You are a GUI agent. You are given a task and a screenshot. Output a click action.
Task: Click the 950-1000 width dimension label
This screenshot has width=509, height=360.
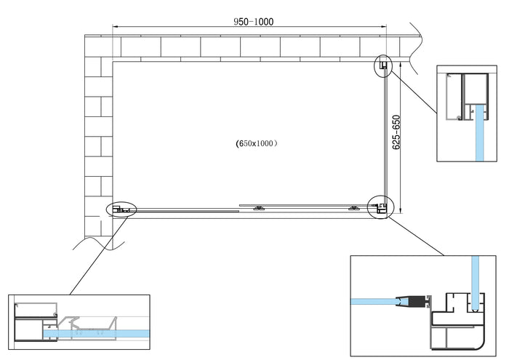pos(253,22)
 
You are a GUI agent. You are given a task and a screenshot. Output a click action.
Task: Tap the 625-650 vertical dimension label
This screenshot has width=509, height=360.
pos(396,132)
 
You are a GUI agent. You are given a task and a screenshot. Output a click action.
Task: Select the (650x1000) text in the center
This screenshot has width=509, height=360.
pos(257,144)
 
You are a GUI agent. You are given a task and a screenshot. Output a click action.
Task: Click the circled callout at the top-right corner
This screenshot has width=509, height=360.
pos(383,66)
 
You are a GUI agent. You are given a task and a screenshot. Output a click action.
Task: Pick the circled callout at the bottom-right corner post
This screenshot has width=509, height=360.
pos(379,207)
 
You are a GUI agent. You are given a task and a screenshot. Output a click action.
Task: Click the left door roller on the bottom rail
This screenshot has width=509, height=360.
pos(259,209)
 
